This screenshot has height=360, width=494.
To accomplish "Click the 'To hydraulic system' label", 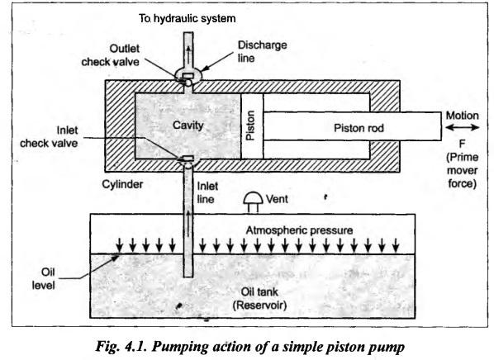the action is (188, 19).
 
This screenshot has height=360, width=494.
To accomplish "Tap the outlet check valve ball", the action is (188, 83).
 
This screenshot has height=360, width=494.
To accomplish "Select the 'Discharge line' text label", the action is (262, 51).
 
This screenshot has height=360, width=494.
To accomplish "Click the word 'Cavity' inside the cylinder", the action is (188, 126).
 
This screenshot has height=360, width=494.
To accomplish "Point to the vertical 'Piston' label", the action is (251, 126).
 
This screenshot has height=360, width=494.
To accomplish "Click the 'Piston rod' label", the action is (359, 128).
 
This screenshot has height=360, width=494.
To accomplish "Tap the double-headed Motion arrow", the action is (463, 127).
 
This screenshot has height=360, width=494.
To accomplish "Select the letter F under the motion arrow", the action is (462, 144).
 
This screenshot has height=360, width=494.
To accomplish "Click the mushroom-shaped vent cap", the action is (253, 202).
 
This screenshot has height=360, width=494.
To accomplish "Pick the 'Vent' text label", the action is (277, 199).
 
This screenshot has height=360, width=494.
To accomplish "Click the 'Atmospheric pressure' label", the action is (299, 230).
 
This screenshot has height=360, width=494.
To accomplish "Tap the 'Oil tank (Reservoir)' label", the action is (259, 299).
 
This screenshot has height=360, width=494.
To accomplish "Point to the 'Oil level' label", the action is (44, 279).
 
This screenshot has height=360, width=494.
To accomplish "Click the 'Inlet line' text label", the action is (207, 192).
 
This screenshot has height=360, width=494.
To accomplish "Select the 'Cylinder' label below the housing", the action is (122, 184).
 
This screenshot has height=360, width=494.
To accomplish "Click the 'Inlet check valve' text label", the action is (49, 137).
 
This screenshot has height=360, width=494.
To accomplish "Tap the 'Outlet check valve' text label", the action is (110, 55).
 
